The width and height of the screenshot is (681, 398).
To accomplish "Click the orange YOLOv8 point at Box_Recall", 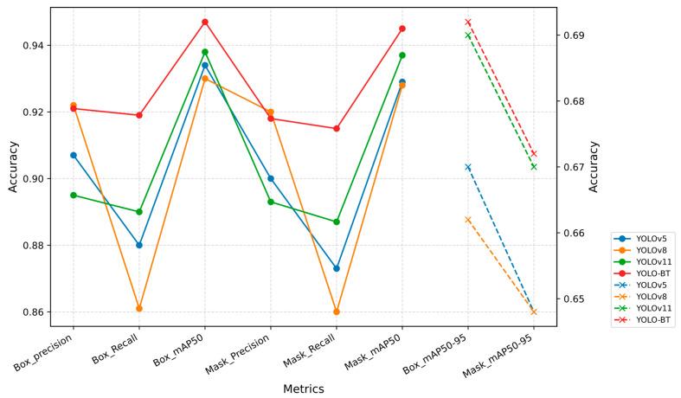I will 139,308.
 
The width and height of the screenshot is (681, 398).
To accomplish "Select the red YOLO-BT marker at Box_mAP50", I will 205,22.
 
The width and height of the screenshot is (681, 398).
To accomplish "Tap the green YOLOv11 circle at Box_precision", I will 74,195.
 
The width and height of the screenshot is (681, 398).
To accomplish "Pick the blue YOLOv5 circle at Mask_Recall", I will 337,268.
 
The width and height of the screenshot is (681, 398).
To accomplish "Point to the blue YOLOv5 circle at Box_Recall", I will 139,245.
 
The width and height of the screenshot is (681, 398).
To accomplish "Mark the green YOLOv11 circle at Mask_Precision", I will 271,202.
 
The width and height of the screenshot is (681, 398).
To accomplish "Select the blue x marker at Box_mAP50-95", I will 468,167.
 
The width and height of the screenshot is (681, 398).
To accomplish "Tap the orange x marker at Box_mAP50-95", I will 468,220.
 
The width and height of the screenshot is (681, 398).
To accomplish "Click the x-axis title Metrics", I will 303,388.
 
